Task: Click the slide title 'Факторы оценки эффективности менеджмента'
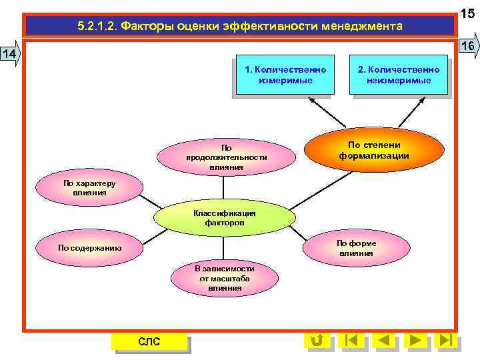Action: coord(239,27)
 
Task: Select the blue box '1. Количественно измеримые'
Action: coord(285,75)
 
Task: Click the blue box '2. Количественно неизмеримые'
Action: coord(398,75)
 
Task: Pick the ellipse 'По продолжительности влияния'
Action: coord(226,158)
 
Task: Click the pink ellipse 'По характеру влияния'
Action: coord(89,188)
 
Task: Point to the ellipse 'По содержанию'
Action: coord(89,248)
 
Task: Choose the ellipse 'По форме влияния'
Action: coord(356,248)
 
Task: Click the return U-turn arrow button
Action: coord(316,341)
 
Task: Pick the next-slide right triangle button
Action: coord(415,341)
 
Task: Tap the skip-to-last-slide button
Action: coord(446,341)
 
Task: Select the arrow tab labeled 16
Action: coord(467,45)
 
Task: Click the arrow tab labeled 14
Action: coord(10,53)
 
